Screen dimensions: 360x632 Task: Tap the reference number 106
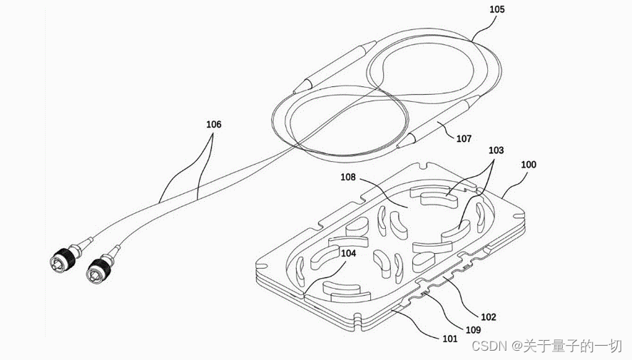pos(213,124)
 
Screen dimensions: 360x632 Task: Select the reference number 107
pos(464,138)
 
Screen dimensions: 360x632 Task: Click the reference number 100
pos(529,165)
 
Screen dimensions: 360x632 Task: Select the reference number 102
pos(488,317)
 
